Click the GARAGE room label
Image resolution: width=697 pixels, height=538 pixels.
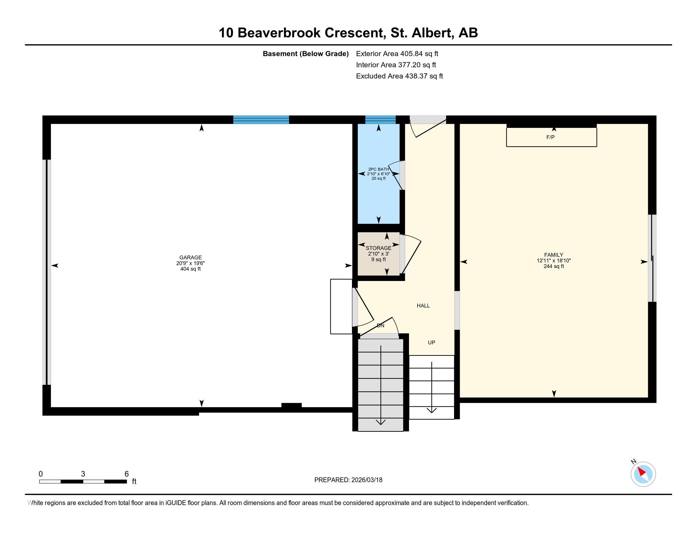pos(190,257)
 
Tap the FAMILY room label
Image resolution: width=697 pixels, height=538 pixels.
pos(553,255)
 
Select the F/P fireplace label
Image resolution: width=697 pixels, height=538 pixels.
pos(550,137)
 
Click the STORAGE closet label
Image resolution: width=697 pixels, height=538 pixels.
pos(379,248)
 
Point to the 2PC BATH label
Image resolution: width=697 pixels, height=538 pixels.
pos(379,169)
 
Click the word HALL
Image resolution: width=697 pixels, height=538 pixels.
pos(423,306)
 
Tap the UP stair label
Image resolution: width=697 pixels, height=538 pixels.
pos(431,343)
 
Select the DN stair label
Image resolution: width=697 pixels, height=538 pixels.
pos(380,325)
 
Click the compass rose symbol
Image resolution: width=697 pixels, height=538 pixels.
pos(643,474)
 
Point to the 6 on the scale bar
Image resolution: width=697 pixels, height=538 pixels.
pos(126,474)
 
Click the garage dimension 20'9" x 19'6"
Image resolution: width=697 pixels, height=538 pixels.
pos(190,263)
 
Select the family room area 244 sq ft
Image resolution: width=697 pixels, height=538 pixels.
pos(553,266)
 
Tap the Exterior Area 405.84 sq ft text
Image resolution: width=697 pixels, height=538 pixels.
pos(397,53)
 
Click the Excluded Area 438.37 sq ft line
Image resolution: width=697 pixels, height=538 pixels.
pos(399,76)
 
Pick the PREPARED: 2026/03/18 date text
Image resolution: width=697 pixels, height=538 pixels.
pos(348,480)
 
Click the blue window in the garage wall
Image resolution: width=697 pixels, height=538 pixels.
pos(261,120)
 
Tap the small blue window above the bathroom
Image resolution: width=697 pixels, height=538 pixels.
pos(380,120)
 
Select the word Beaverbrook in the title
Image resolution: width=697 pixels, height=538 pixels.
pos(278,33)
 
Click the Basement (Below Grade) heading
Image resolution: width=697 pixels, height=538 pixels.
pos(305,53)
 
